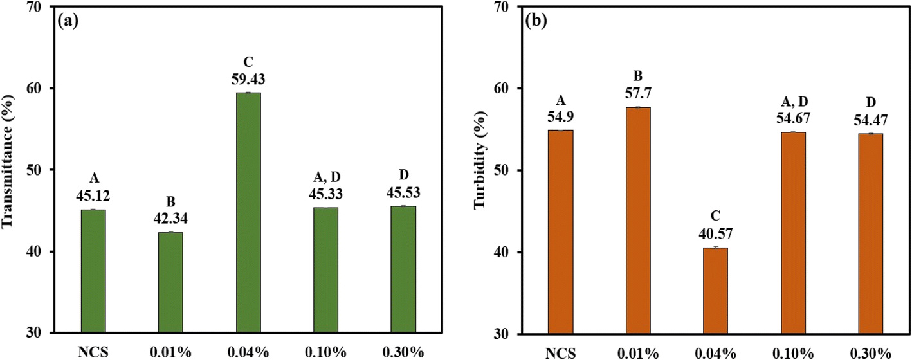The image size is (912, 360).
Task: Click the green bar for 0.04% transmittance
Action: point(248,213)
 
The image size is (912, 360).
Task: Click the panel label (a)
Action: point(68,21)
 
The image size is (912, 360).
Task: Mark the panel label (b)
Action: point(536,21)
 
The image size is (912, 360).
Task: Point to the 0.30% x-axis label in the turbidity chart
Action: point(871,352)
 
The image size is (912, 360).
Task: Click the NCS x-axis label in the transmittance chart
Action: point(93,352)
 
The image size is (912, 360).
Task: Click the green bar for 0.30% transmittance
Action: point(403,270)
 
